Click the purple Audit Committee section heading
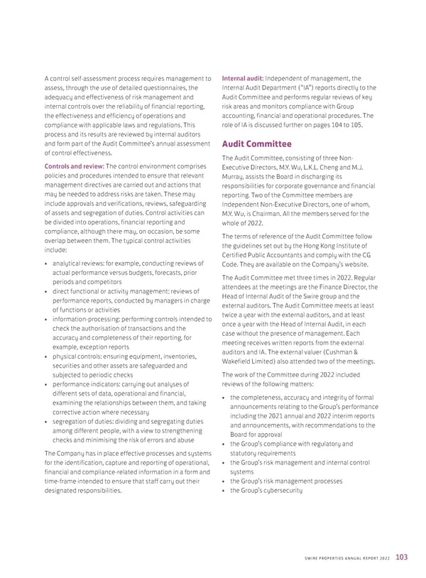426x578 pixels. click(x=257, y=144)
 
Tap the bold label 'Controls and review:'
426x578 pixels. click(x=74, y=166)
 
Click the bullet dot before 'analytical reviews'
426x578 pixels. click(x=46, y=265)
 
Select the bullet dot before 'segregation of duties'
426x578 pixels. click(x=46, y=422)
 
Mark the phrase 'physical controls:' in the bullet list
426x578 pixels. click(x=79, y=357)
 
